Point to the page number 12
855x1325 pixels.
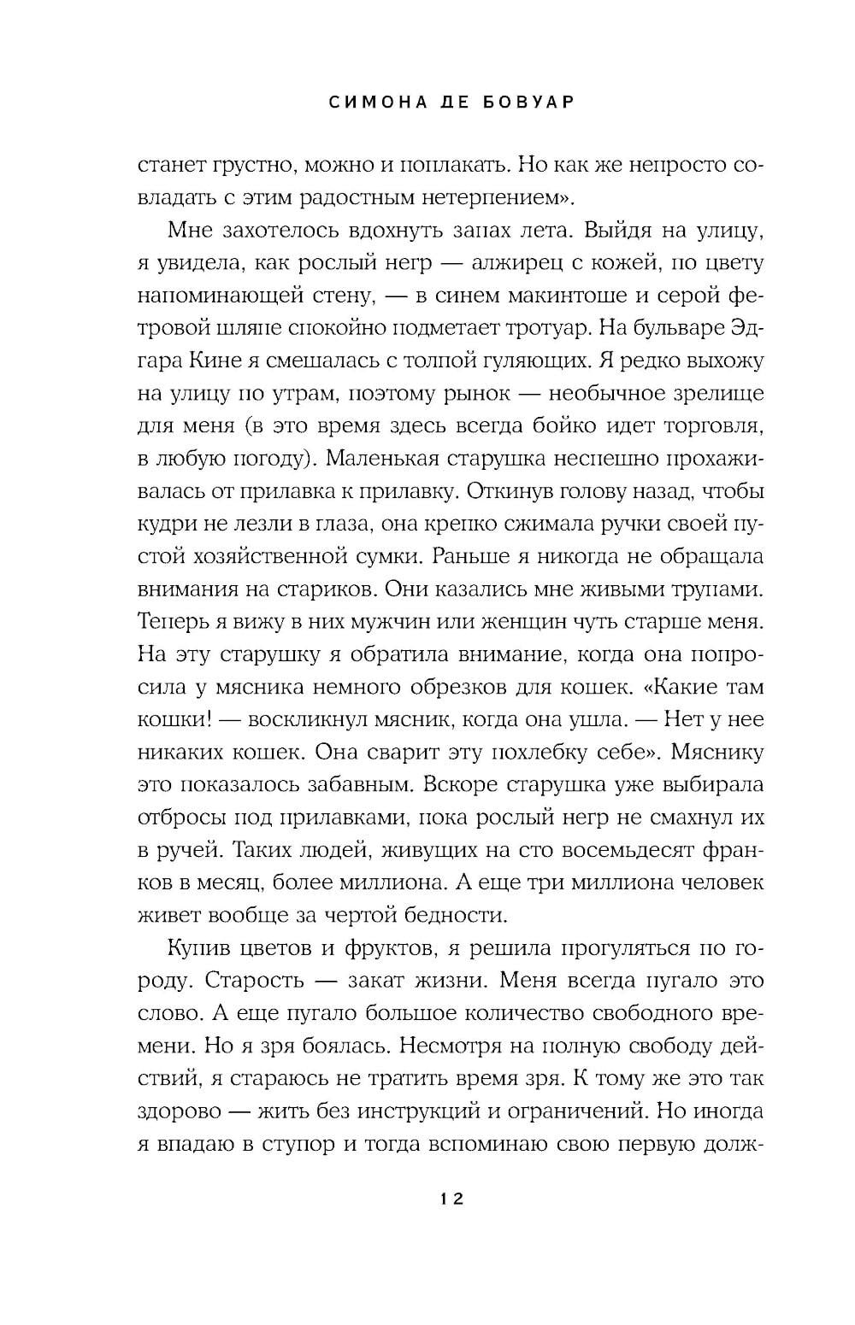coord(451,1199)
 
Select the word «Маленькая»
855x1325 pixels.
coord(385,459)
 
